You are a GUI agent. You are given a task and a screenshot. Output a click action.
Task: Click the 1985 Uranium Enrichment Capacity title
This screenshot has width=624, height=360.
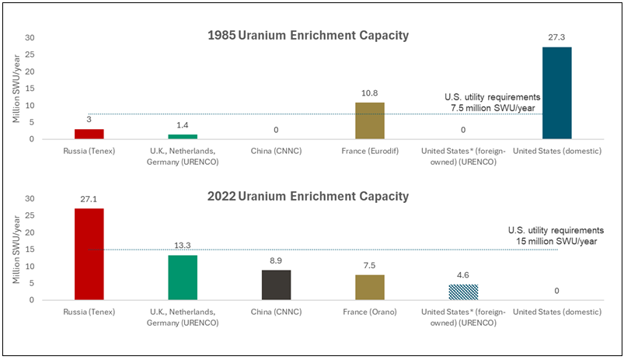tap(308, 36)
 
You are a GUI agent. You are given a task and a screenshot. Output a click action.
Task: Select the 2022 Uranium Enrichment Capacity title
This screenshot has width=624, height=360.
tap(308, 196)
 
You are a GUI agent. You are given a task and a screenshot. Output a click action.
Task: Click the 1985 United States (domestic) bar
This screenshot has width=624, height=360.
tap(556, 93)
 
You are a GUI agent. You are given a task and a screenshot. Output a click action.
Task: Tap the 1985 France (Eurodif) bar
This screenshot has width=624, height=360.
tap(370, 121)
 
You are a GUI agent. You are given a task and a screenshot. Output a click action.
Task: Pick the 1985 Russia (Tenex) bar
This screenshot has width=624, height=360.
tap(89, 134)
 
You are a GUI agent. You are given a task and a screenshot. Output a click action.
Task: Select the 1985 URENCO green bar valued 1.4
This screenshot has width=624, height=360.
tap(183, 137)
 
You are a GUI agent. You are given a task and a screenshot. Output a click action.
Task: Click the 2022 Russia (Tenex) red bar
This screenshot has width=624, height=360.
tap(89, 254)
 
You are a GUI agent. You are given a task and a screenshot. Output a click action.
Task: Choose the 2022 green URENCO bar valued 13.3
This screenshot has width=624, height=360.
tap(183, 278)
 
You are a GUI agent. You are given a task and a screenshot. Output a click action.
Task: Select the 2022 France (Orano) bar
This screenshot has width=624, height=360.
tap(370, 288)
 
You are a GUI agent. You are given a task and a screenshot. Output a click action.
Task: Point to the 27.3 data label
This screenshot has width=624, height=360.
tap(556, 37)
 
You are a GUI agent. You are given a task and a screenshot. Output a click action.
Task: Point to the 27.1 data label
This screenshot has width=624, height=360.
tap(89, 198)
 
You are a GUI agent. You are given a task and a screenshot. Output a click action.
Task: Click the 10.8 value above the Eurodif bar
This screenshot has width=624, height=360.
tap(370, 93)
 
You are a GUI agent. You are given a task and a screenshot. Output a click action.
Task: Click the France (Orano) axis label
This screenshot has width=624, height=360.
tap(370, 312)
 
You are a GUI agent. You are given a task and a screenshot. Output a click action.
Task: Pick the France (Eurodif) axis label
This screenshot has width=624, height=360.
tap(370, 151)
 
